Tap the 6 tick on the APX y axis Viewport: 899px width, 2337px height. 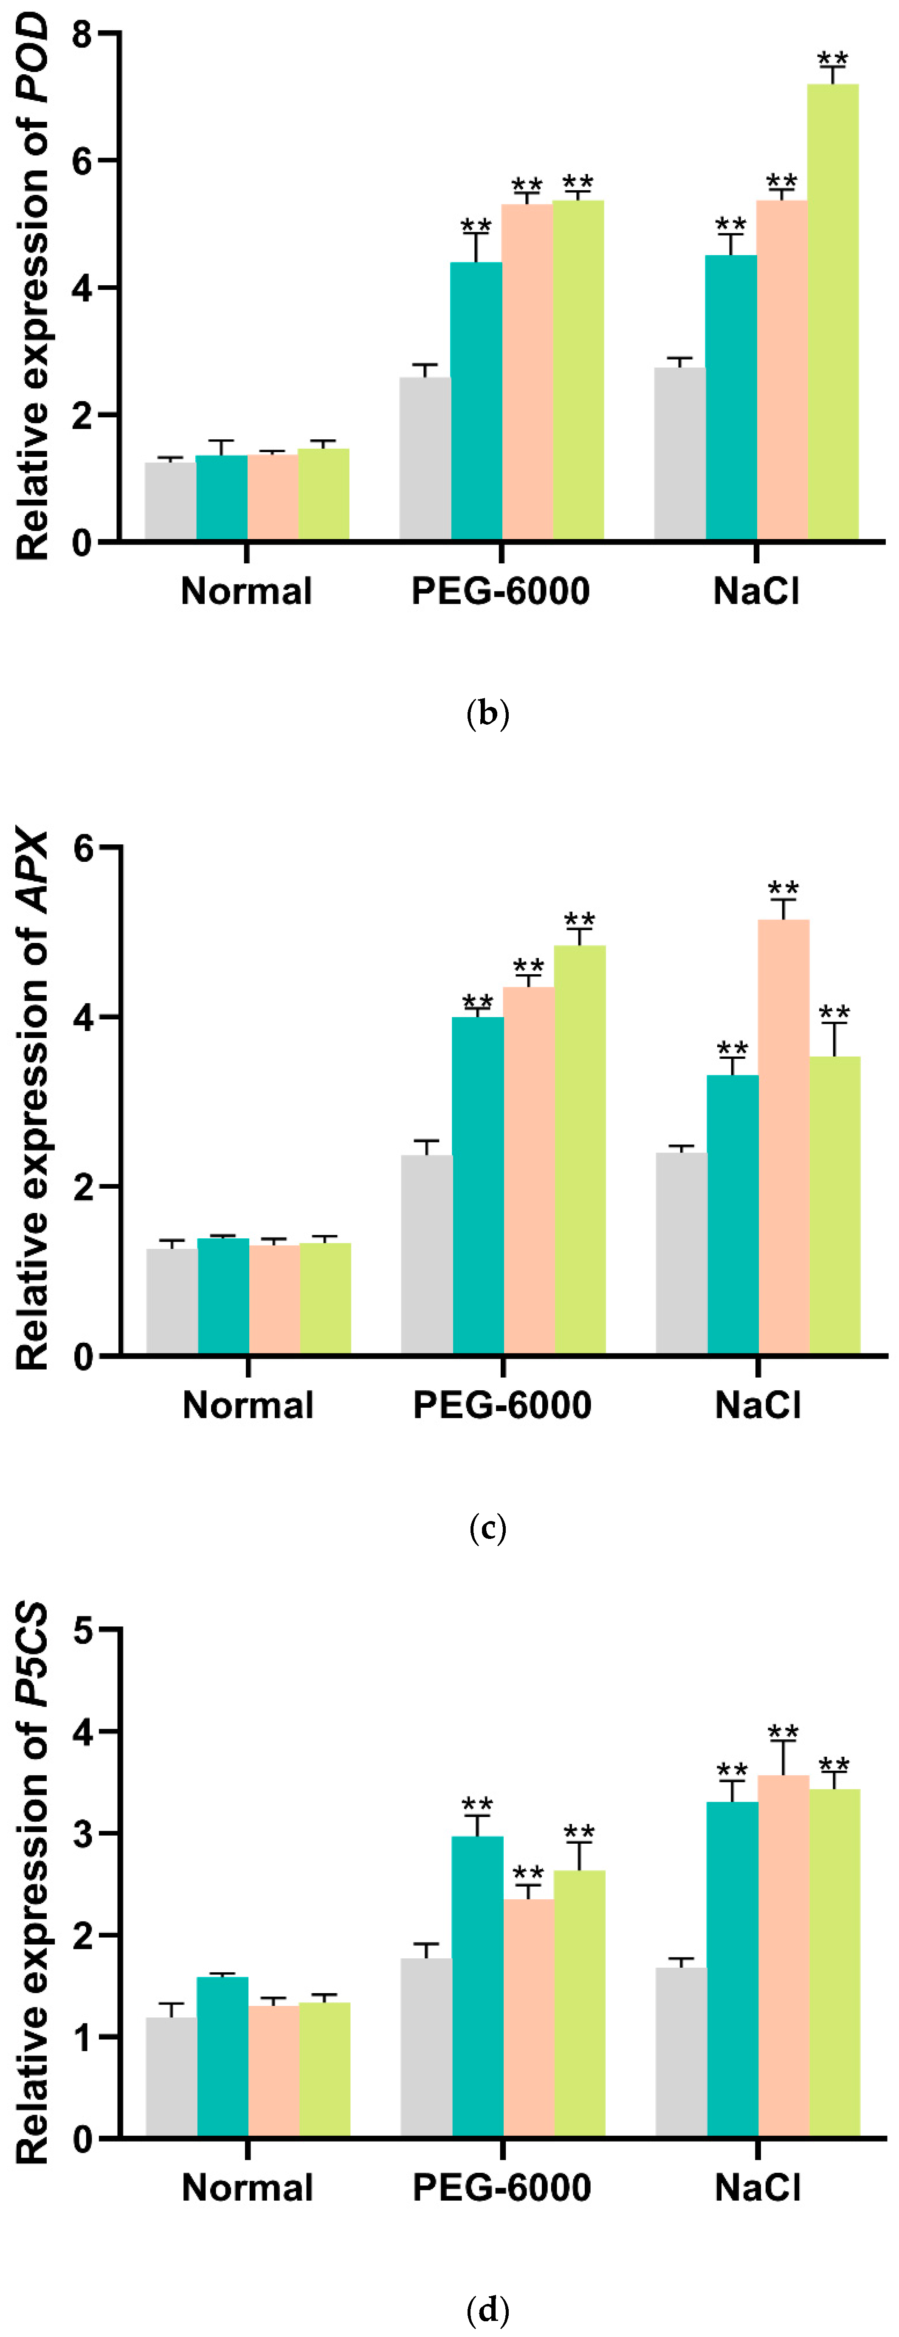84,848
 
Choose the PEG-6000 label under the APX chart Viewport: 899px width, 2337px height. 502,1405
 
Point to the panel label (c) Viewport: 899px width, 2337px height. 487,1529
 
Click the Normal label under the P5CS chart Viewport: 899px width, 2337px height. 247,2188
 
